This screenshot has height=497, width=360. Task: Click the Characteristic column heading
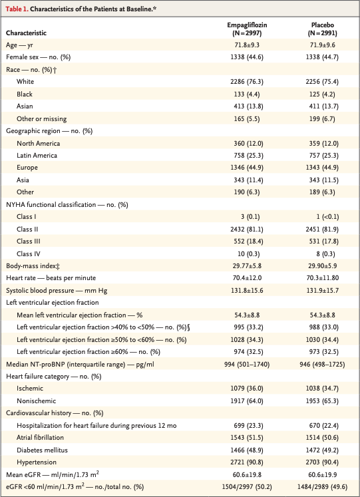[x=31, y=32]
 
